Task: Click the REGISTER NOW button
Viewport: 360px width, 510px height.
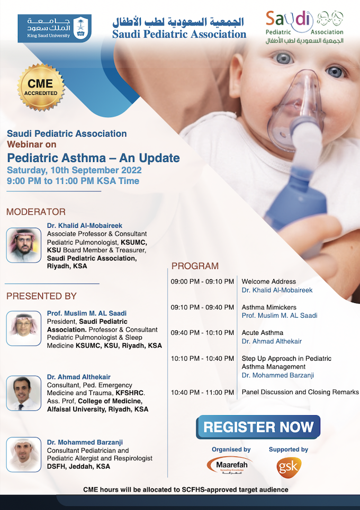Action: tap(258, 427)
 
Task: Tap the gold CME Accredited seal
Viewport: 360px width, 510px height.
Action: tap(40, 87)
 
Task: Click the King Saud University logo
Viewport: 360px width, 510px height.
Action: tap(55, 28)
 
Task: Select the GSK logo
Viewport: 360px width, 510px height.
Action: tap(289, 468)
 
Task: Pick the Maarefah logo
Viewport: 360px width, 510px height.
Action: tap(230, 466)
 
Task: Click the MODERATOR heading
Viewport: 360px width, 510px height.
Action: tap(36, 212)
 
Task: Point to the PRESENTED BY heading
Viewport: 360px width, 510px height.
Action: tap(41, 296)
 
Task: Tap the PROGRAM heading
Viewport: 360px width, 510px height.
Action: tap(195, 266)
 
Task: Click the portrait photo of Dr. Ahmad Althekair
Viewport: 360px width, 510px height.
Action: tap(24, 393)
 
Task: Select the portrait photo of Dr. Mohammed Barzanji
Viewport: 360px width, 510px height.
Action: tap(24, 454)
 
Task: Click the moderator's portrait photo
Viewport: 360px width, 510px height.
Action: tap(24, 245)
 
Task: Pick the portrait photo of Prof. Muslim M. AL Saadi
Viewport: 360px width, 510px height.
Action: tap(24, 328)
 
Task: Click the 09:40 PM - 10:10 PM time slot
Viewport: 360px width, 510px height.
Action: tap(202, 333)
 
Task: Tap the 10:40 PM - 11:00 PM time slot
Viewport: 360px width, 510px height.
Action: tap(202, 392)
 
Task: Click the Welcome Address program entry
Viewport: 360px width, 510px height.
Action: tap(268, 282)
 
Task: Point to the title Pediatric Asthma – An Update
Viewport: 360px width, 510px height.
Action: tap(93, 158)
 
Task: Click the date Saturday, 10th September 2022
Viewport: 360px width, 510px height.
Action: tap(74, 171)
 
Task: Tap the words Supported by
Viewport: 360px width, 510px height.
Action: tap(289, 450)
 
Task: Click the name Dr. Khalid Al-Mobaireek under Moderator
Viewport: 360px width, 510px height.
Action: tap(85, 226)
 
